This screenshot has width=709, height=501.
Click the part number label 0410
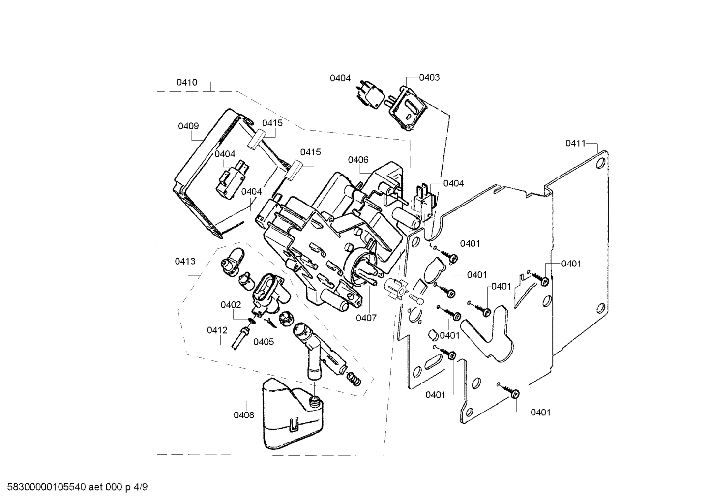(x=187, y=82)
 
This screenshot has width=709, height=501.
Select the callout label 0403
(x=429, y=77)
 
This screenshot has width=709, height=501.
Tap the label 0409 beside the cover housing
(x=188, y=126)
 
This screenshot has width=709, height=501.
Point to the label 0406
(x=358, y=160)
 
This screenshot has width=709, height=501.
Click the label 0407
(x=366, y=318)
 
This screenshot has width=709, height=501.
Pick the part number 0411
(x=575, y=143)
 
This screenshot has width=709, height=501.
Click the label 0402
(x=231, y=305)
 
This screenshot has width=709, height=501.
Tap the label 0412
(x=217, y=330)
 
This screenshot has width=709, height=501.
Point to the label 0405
(x=264, y=341)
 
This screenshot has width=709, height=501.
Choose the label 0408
(x=244, y=415)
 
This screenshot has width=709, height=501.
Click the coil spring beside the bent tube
(x=353, y=380)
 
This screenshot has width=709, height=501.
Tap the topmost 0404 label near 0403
(x=340, y=78)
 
